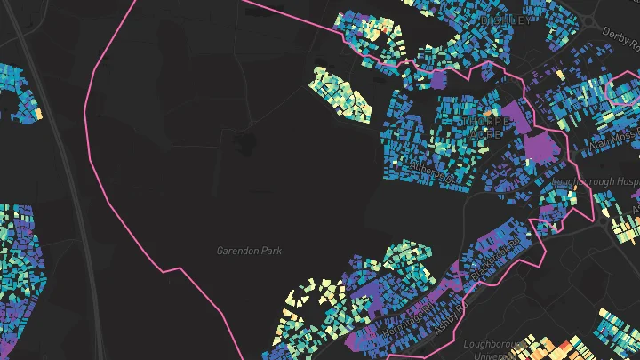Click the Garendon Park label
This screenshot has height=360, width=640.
point(249,251)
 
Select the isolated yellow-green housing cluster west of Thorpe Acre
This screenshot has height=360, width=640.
point(343,92)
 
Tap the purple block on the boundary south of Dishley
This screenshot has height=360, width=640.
point(436,78)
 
